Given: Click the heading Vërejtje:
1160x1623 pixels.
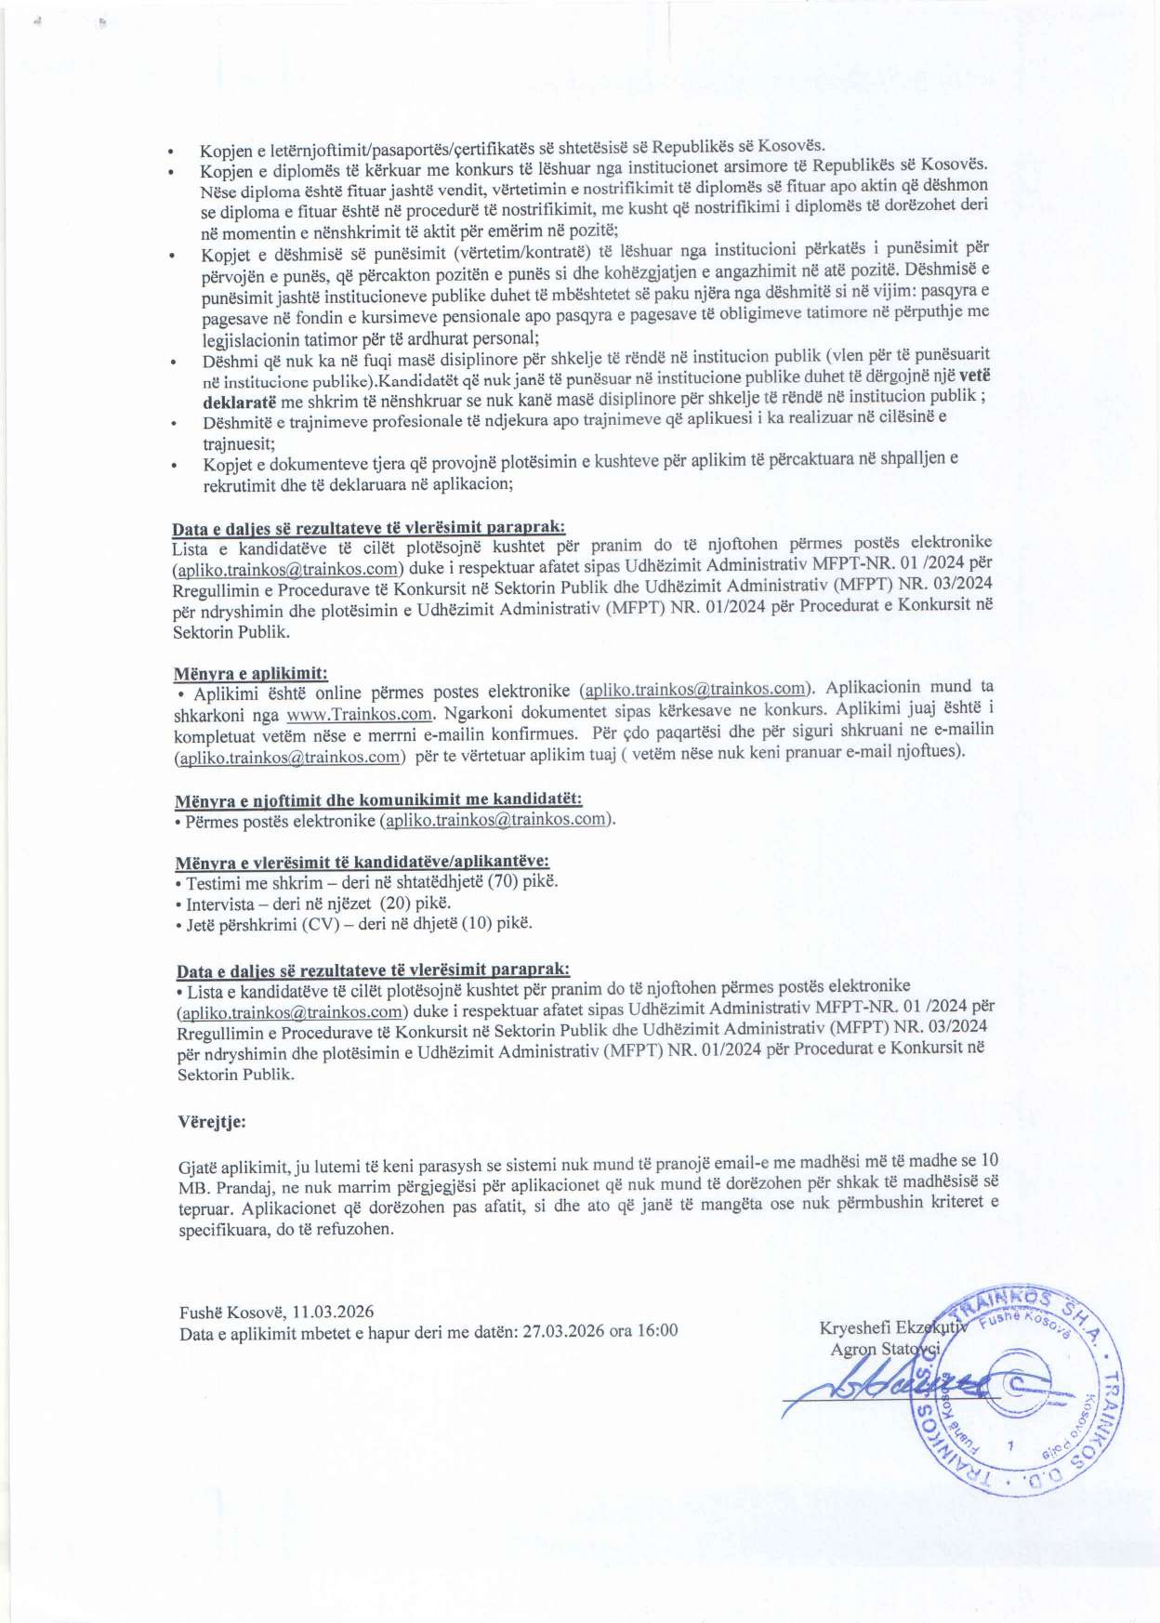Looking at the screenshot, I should coord(211,1121).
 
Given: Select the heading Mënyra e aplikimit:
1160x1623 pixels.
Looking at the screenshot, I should coord(251,673).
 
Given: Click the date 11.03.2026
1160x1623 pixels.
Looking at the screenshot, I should coord(333,1312).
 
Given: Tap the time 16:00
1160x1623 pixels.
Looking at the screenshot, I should coord(657,1331).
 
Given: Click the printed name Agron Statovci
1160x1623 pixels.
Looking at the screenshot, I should coord(885,1348).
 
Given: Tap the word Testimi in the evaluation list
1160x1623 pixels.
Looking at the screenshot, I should coord(213,881).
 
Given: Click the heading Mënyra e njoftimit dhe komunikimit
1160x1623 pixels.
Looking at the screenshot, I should coord(378,799).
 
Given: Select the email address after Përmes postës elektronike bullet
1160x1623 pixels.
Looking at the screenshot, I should coord(496,820).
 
